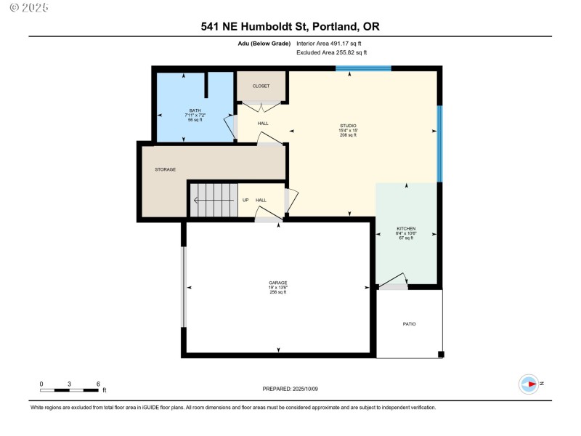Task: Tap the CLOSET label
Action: pos(261,86)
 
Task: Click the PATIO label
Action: pos(409,323)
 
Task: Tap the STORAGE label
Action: pos(165,169)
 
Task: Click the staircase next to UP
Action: pos(211,199)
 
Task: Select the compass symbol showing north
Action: pos(529,383)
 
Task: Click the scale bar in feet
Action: pos(69,390)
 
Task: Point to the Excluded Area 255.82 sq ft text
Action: pos(331,53)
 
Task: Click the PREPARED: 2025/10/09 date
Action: pos(290,389)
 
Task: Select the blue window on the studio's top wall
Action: pos(363,68)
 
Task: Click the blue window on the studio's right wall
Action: pos(439,144)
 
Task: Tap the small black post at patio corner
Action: pos(440,355)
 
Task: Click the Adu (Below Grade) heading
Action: pos(258,44)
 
